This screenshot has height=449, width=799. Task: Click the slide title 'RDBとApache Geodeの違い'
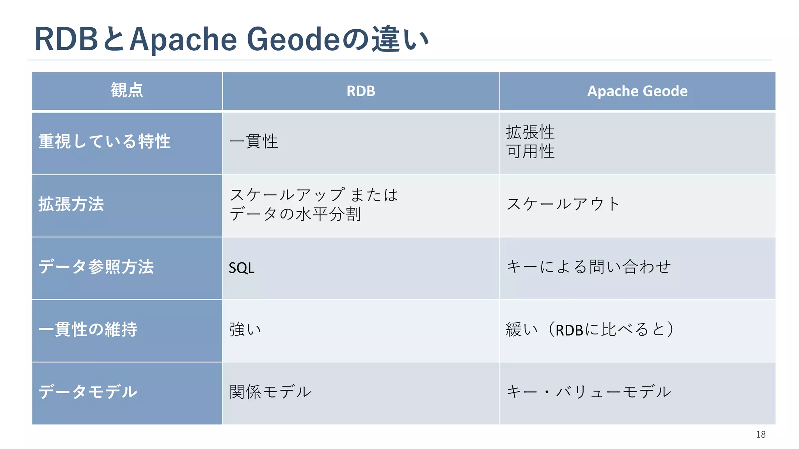232,39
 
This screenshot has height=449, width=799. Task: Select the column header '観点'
127,90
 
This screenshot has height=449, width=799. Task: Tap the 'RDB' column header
360,91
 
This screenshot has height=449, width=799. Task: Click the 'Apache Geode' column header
637,91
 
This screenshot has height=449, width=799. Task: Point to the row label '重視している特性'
104,141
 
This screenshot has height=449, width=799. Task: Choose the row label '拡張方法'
71,204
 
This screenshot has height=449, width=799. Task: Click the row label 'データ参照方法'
96,267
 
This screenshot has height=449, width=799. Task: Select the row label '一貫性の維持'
88,330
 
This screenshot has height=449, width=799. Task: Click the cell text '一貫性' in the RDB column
254,141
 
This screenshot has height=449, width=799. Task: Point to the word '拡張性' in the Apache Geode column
530,132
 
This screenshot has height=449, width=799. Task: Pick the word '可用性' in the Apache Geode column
530,151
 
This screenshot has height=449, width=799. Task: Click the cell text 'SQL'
241,268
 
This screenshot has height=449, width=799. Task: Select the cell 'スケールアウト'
563,204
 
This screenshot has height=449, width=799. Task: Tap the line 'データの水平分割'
295,214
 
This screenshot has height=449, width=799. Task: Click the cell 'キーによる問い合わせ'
588,267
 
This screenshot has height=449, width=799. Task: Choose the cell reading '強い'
245,330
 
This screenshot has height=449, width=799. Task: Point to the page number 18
760,435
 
